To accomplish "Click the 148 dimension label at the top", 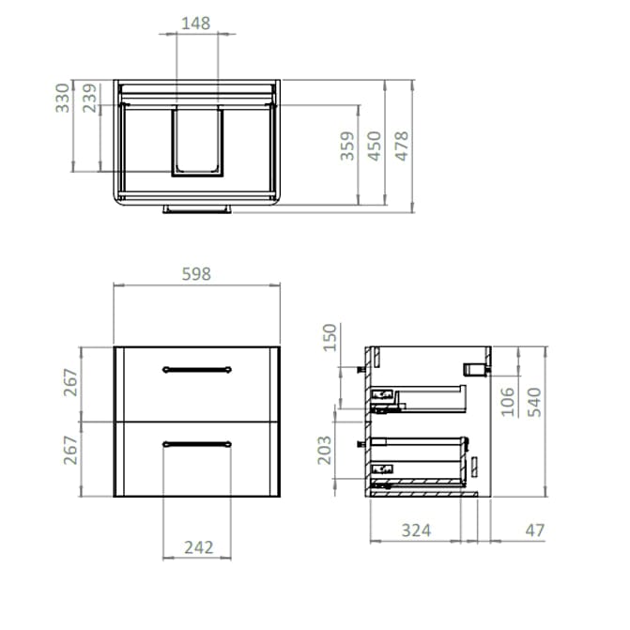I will point(194,23).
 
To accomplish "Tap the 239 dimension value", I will point(90,98).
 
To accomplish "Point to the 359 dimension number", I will point(347,146).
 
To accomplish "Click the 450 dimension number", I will point(375,146).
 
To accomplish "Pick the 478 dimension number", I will point(402,146).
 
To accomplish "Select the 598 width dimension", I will point(195,273).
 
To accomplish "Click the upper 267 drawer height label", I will point(70,384).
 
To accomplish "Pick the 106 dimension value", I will point(508,401).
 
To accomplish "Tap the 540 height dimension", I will point(534,401).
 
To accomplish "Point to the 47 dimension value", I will point(534,530).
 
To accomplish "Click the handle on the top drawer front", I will point(196,369).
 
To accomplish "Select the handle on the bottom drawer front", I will point(196,443).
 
